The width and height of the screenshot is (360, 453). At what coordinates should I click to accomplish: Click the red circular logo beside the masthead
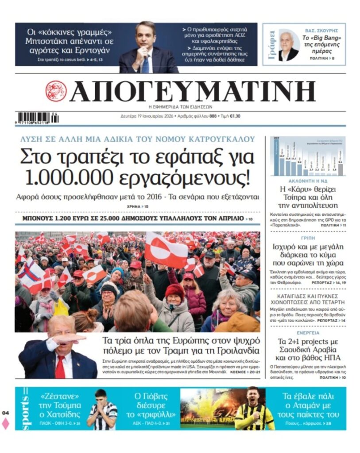(x=56, y=91)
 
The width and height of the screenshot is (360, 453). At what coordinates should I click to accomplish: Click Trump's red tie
(x=60, y=367)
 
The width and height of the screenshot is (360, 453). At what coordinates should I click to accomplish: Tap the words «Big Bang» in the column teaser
(x=329, y=38)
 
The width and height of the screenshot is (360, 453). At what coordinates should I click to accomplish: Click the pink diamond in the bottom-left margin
(x=5, y=424)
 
